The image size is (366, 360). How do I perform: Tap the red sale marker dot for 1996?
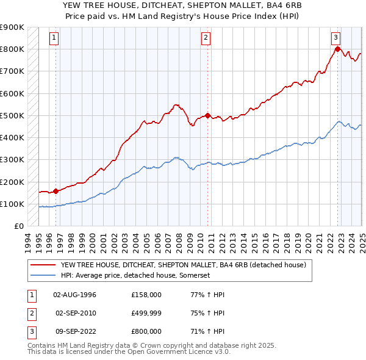point(56,191)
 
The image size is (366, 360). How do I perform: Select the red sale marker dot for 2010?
point(207,115)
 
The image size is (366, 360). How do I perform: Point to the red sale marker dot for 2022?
point(337,49)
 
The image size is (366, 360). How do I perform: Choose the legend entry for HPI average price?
point(143,276)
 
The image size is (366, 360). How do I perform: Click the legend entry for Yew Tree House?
point(187,265)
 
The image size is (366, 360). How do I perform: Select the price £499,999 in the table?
point(146,313)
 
